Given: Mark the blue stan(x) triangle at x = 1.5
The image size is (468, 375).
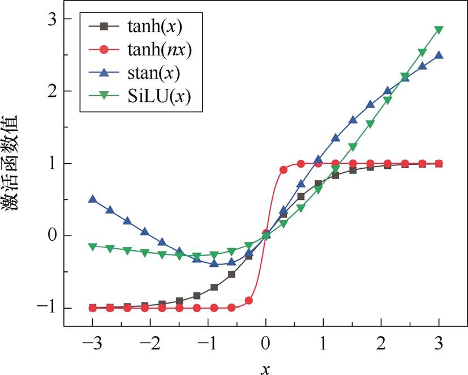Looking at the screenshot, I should click(353, 120).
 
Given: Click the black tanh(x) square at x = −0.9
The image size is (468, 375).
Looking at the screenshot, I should click(214, 287).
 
